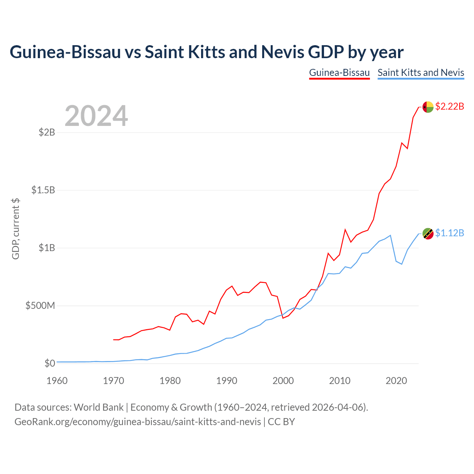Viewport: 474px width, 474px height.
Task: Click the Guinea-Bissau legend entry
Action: click(339, 73)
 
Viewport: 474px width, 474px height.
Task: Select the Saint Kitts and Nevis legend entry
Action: click(421, 73)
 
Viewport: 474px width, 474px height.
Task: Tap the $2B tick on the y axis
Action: click(47, 132)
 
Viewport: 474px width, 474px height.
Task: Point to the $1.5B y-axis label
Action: click(43, 190)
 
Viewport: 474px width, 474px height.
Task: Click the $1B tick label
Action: click(47, 248)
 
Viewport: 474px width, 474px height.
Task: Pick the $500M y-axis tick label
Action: click(40, 306)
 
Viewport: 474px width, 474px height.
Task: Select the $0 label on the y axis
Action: click(50, 363)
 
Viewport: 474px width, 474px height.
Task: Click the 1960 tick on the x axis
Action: click(57, 381)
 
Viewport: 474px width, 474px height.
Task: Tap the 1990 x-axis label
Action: click(227, 381)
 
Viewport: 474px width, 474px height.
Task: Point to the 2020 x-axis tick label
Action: click(396, 381)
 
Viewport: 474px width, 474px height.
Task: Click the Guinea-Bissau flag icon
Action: click(428, 107)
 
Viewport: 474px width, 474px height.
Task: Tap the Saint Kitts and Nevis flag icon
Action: click(428, 233)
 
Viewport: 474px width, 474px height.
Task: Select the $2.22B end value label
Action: click(450, 106)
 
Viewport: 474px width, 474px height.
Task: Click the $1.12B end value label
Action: click(450, 233)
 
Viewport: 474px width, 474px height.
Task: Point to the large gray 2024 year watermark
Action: click(96, 116)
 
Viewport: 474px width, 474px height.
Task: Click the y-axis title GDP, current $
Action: click(16, 229)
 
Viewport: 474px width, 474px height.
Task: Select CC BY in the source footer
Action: click(281, 422)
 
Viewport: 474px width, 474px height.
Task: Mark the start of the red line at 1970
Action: click(113, 340)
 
